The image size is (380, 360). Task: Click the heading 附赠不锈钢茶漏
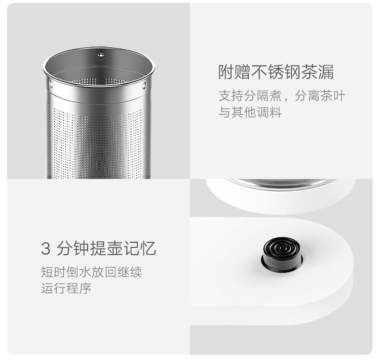pyautogui.click(x=276, y=72)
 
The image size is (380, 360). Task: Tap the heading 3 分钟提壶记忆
pyautogui.click(x=98, y=248)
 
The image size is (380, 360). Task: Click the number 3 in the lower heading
pyautogui.click(x=46, y=248)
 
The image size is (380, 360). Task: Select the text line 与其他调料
pyautogui.click(x=250, y=113)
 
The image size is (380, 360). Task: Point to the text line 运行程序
pyautogui.click(x=66, y=288)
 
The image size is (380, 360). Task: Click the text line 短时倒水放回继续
pyautogui.click(x=92, y=272)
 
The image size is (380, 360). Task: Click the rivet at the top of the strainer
pyautogui.click(x=101, y=56)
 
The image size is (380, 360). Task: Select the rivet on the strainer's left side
pyautogui.click(x=51, y=84)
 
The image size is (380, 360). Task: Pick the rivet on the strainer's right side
pyautogui.click(x=144, y=85)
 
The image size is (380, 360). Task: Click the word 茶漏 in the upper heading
pyautogui.click(x=318, y=72)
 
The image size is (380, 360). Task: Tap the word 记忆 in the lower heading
pyautogui.click(x=140, y=248)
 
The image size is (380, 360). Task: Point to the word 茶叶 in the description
pyautogui.click(x=333, y=96)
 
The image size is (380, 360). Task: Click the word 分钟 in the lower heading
pyautogui.click(x=73, y=248)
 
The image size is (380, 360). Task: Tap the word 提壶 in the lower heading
pyautogui.click(x=106, y=248)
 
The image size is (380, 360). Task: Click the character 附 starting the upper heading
pyautogui.click(x=226, y=72)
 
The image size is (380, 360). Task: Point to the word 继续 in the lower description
pyautogui.click(x=130, y=272)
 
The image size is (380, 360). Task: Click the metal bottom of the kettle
pyautogui.click(x=282, y=183)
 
